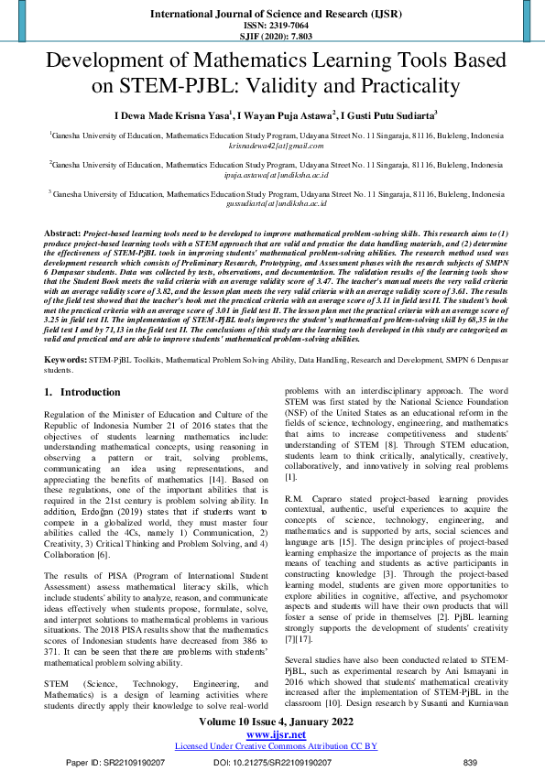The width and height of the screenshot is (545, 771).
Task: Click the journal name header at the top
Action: pos(272,15)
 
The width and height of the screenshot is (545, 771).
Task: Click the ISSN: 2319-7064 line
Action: pos(272,27)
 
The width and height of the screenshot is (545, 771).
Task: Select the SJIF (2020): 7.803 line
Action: pos(272,38)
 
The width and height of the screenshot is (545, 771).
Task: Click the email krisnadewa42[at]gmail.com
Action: pos(272,146)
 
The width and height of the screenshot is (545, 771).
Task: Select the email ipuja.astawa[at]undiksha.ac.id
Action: pos(272,174)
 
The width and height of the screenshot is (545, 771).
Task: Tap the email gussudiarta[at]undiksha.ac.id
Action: pos(272,203)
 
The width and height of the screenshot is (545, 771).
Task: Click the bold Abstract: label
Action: pos(62,234)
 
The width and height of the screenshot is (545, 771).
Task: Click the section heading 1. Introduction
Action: pos(82,392)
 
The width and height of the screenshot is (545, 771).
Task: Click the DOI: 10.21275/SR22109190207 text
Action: pos(272,762)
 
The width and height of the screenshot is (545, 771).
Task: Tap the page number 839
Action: pos(471,762)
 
